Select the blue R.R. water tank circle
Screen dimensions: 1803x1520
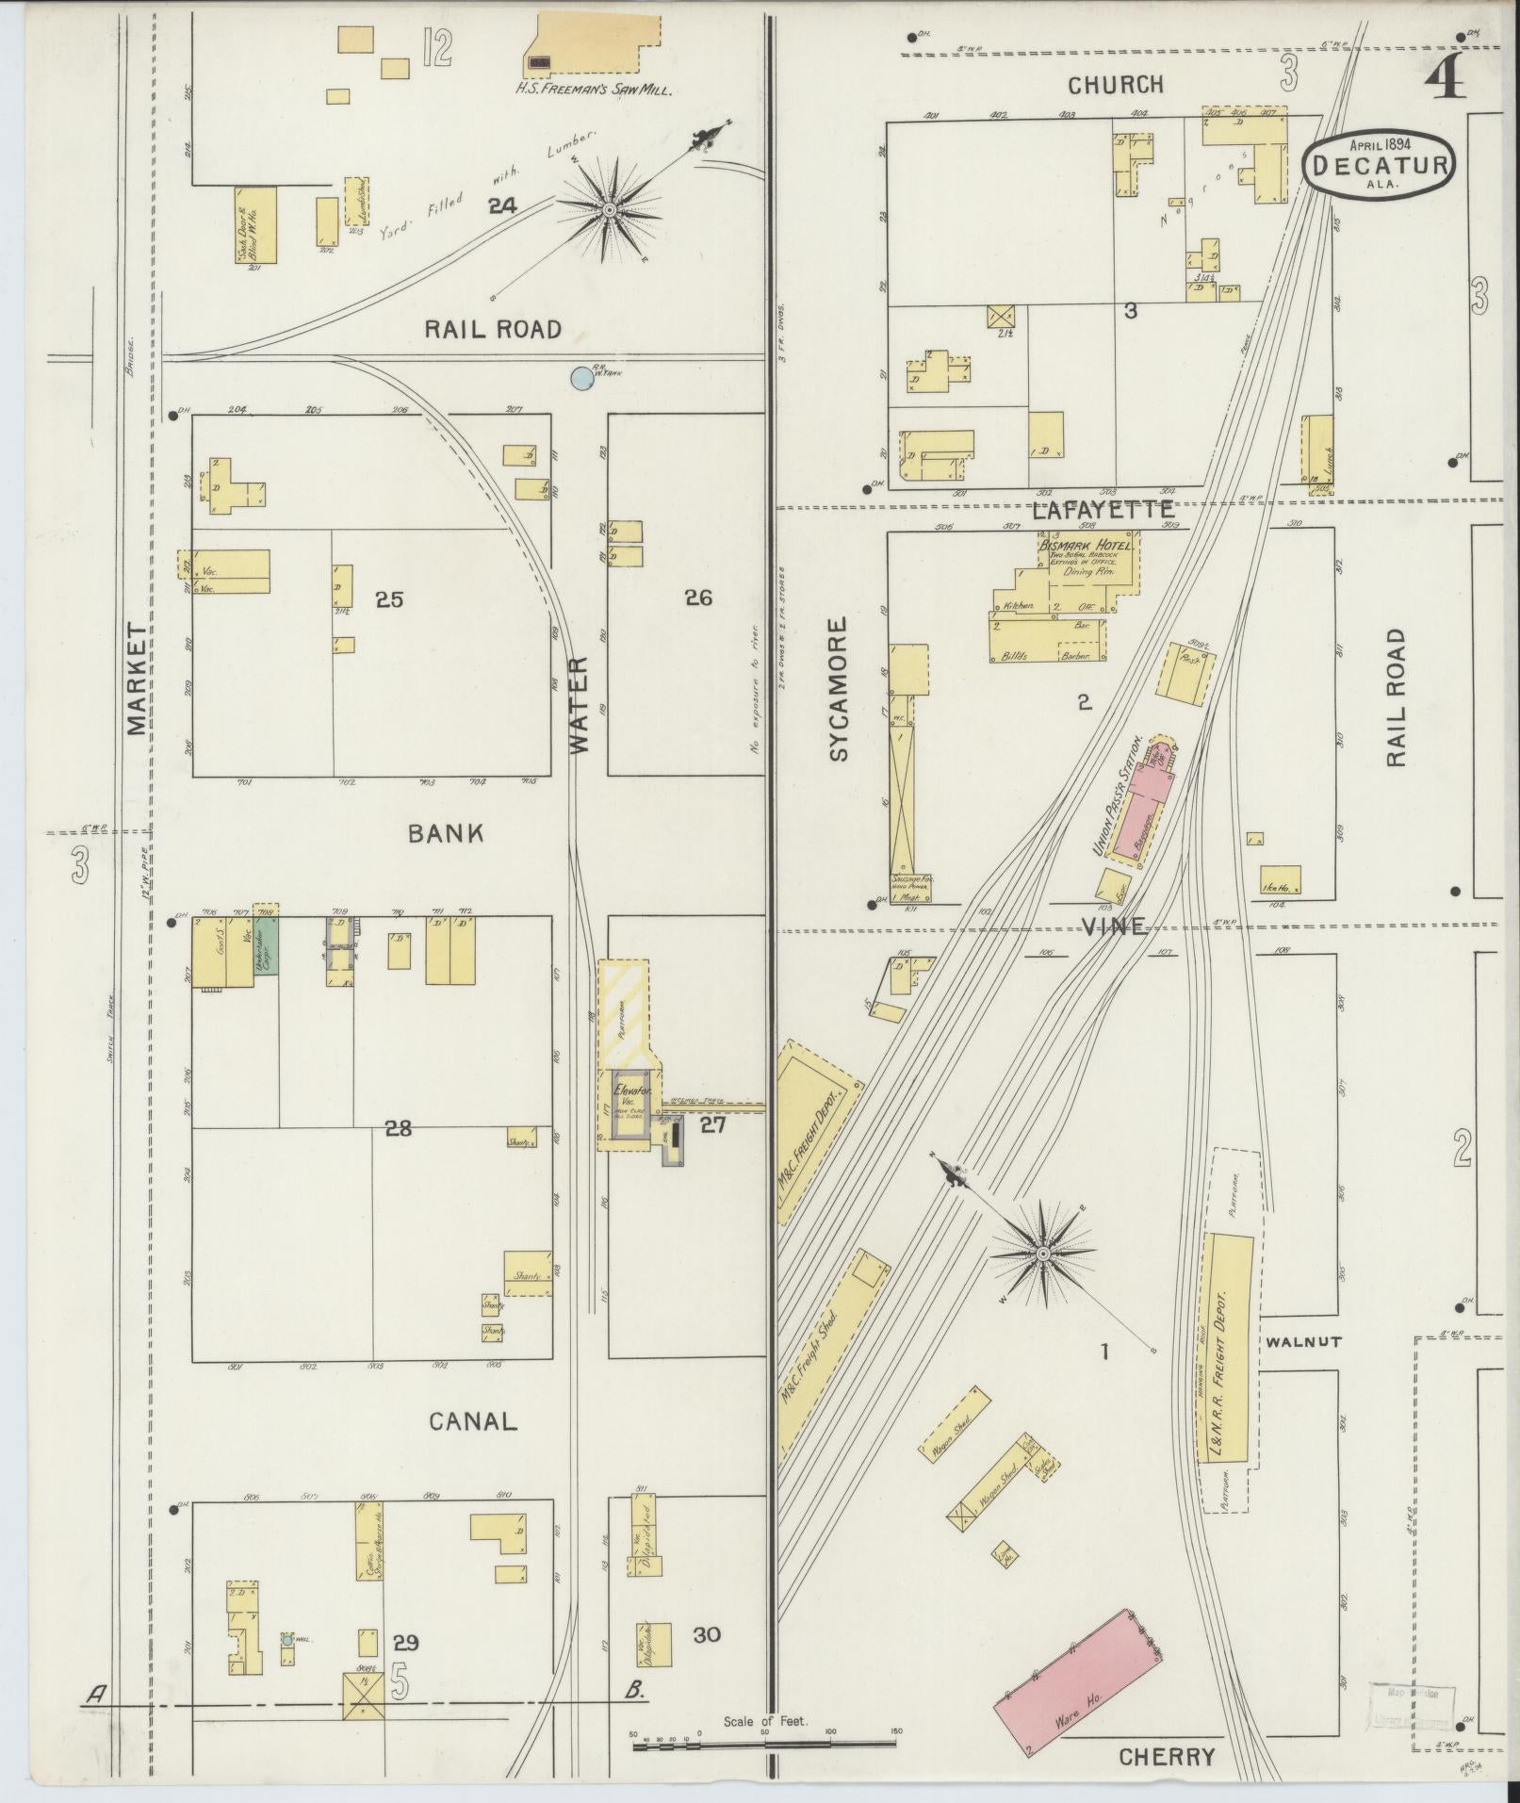coord(582,378)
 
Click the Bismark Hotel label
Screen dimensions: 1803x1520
coord(1087,546)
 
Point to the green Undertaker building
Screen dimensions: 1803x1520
coord(266,946)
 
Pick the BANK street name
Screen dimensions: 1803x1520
coord(446,833)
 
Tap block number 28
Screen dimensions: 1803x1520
coord(398,1126)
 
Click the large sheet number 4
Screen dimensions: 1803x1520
coord(1446,80)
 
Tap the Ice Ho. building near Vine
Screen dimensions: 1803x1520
coord(1280,879)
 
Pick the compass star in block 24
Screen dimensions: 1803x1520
coord(609,208)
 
